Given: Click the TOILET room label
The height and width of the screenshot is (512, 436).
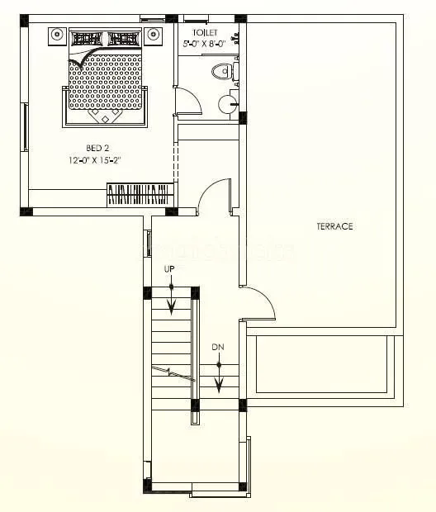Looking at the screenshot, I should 205,32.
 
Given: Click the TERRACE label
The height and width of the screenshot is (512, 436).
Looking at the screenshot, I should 334,226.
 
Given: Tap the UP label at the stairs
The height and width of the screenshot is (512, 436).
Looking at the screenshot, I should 171,270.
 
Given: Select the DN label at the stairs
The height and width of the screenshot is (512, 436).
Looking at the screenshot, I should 218,346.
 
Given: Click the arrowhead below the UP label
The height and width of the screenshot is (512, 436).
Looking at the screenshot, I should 171,308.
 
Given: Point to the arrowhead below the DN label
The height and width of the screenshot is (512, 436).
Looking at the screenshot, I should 219,384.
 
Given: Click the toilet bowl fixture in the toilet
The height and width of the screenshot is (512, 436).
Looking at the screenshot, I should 221,72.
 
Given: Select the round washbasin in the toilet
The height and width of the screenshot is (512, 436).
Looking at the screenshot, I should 227,104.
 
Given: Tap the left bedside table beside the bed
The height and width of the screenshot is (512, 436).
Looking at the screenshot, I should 56,36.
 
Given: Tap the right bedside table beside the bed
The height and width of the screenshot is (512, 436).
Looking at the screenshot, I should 153,36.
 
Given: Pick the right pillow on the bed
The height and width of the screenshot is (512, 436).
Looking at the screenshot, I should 123,38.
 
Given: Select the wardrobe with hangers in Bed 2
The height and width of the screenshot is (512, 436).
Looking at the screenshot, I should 140,195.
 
